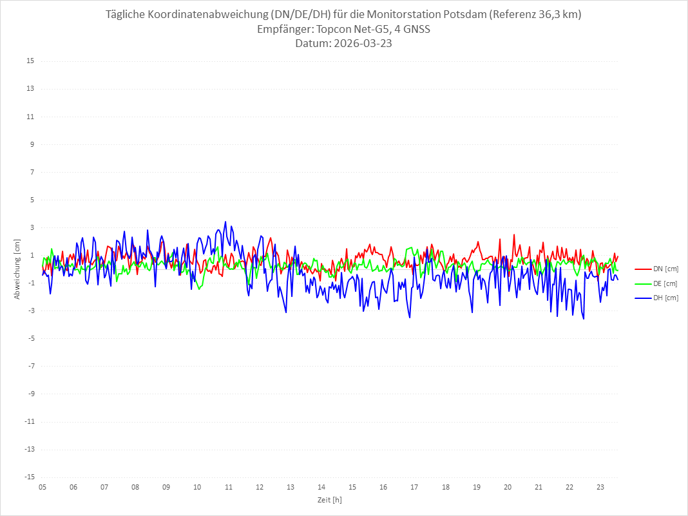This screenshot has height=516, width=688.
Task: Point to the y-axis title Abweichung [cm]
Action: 17,269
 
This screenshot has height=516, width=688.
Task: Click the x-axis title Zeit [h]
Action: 329,499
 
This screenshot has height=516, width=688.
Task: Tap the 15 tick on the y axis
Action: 30,61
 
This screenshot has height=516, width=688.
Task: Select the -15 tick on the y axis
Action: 28,477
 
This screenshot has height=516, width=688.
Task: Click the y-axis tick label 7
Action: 32,172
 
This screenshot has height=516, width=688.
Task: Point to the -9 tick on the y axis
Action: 30,394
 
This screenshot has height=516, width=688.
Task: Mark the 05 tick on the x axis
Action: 43,487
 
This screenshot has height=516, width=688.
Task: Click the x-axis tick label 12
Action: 260,487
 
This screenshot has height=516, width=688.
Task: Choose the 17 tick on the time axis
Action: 414,487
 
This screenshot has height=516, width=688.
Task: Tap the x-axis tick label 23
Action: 600,487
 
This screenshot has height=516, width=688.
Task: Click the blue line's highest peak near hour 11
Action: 225,222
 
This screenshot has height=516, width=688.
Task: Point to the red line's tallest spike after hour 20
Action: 514,234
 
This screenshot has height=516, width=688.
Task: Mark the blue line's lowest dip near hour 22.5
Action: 584,319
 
